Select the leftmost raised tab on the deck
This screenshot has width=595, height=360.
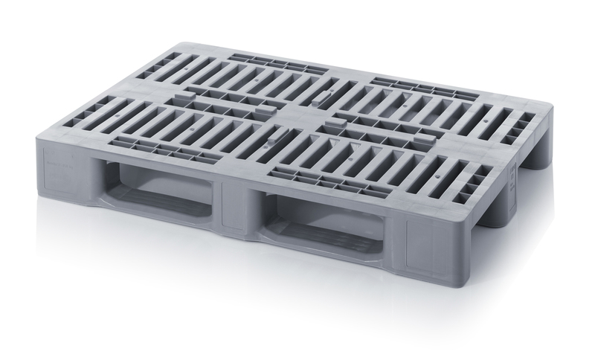tap(182, 100)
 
